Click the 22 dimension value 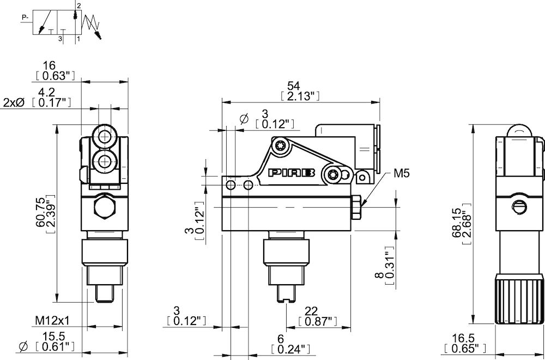pos(310,310)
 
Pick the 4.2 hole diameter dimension pos(53,92)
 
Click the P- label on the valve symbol pos(25,17)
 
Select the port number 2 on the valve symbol pos(78,5)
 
